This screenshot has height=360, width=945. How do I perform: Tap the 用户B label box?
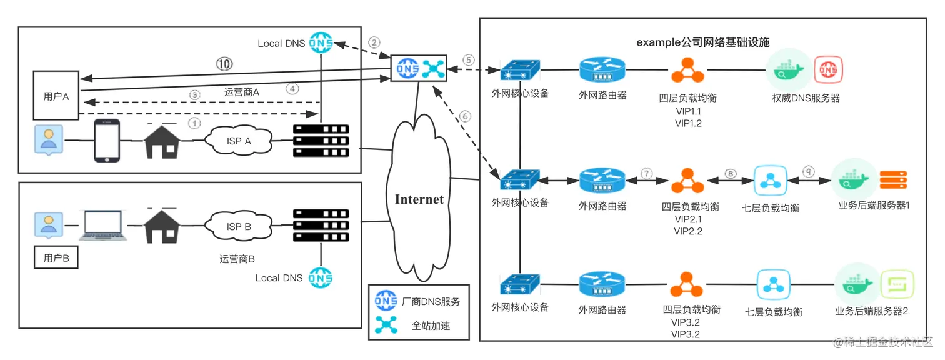coord(56,257)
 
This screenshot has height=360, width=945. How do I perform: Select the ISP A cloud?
coord(238,141)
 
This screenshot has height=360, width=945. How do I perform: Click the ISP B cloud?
coord(238,227)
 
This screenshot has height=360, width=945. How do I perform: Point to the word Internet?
coord(419,200)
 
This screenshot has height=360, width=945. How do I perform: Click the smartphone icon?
coord(106,141)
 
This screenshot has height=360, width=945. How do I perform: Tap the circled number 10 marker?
coord(224,63)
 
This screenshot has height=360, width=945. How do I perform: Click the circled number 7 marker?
coord(646,173)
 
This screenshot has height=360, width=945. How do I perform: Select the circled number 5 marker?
coord(468,60)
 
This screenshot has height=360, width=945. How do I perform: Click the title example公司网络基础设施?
coord(702,42)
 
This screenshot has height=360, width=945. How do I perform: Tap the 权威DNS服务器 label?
coord(806,98)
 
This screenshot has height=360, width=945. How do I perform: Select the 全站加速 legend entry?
coord(431,325)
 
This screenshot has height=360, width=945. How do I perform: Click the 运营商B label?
coord(237,259)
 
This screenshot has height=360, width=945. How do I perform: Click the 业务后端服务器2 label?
coord(871,311)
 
